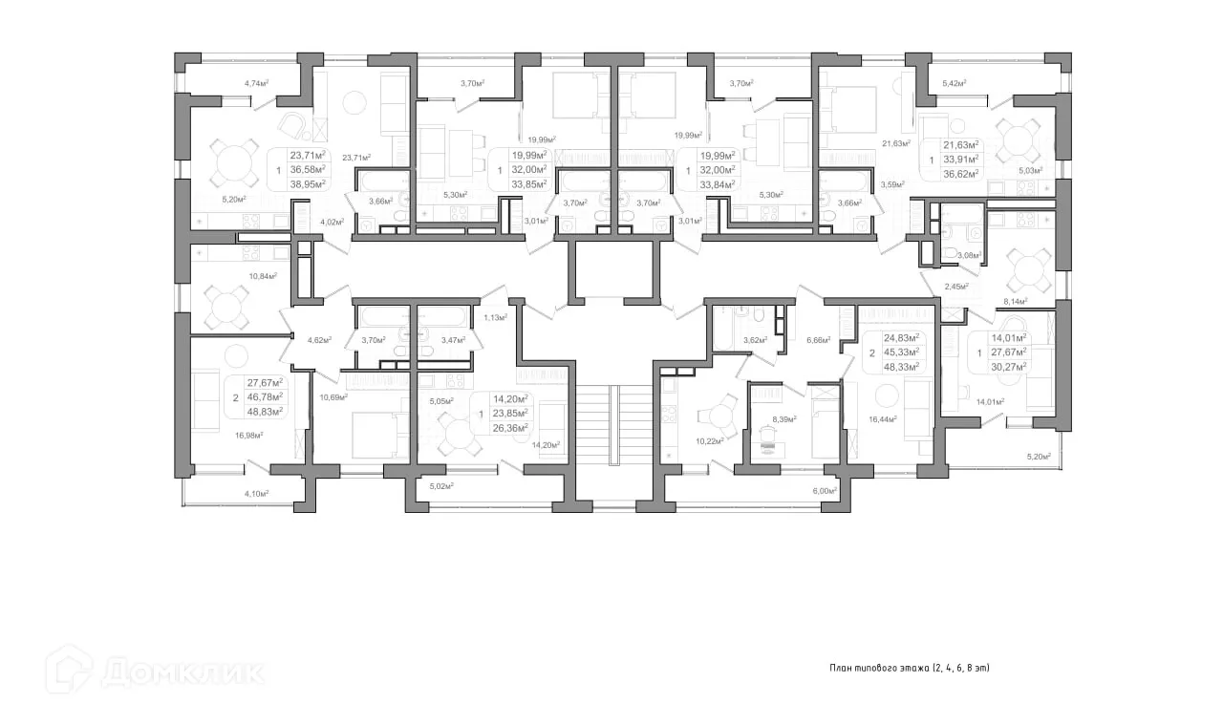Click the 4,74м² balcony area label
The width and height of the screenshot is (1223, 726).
coord(256,83)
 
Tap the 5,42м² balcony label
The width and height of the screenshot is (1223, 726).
coord(954,83)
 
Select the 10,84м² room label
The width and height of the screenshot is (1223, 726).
coord(262,276)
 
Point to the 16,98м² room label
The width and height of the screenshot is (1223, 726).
coord(248,435)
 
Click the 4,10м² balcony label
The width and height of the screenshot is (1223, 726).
coord(255,493)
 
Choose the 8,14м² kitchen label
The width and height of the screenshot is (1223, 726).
coord(1015,301)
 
